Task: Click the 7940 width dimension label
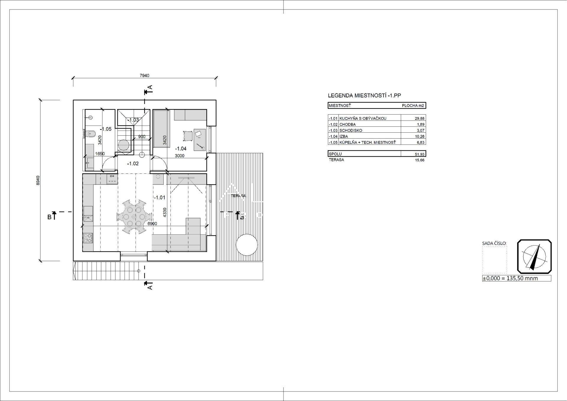tap(144, 76)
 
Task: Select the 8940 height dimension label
tap(38, 180)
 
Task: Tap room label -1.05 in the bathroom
tap(105, 129)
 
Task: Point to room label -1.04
tap(181, 149)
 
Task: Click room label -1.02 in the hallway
tap(133, 163)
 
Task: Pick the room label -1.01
tap(159, 197)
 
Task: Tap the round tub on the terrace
tap(247, 245)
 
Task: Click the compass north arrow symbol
tap(534, 256)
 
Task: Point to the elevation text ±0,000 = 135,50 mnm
tap(510, 278)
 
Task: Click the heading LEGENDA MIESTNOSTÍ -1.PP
tap(364, 95)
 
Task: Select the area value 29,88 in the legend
tap(419, 118)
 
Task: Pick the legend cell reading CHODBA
tap(348, 124)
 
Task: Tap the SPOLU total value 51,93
tap(419, 154)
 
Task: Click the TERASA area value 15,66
tap(420, 160)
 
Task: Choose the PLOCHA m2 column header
tap(413, 105)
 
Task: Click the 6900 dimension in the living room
tap(152, 224)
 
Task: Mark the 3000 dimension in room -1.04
tap(180, 156)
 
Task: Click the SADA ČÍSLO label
tap(494, 243)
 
